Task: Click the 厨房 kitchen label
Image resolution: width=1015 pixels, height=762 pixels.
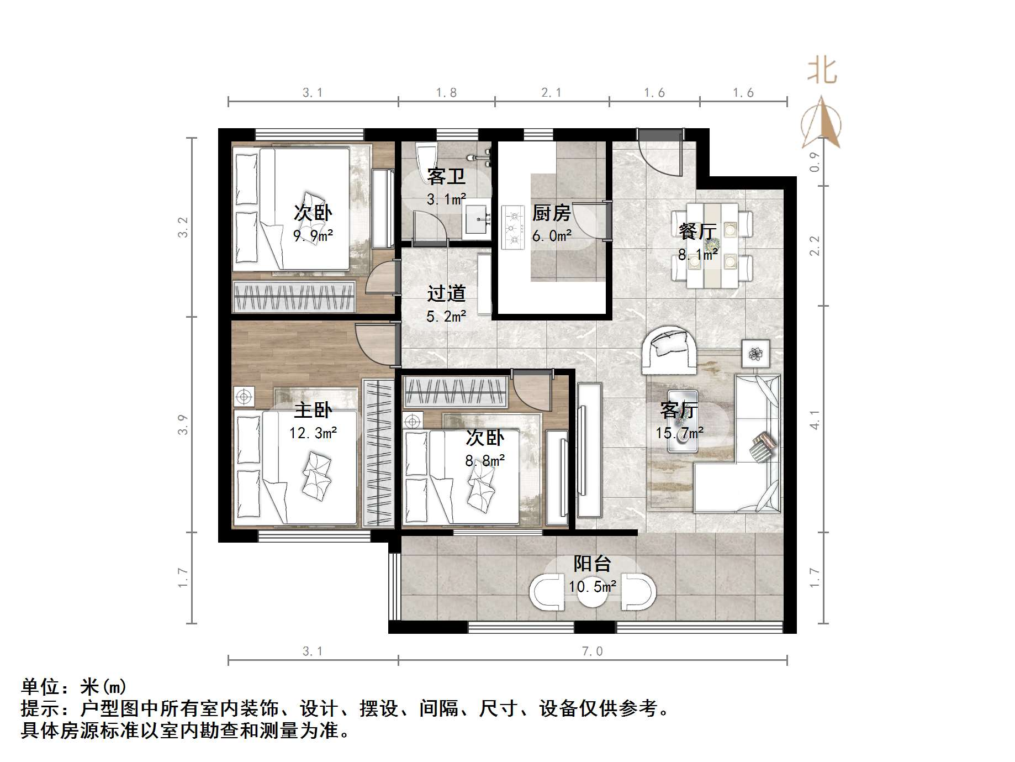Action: pyautogui.click(x=551, y=213)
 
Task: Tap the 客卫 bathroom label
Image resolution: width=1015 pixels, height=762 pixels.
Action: pyautogui.click(x=446, y=177)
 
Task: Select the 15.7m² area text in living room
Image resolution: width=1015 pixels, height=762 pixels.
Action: pyautogui.click(x=679, y=433)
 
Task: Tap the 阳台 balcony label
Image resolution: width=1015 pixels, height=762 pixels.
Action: pyautogui.click(x=592, y=564)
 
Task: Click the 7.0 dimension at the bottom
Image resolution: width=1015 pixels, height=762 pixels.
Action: pyautogui.click(x=592, y=651)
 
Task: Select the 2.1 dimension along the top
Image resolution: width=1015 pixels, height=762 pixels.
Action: pyautogui.click(x=551, y=93)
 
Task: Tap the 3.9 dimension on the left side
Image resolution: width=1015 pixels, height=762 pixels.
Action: pyautogui.click(x=183, y=424)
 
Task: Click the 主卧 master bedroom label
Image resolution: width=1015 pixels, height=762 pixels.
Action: pyautogui.click(x=313, y=410)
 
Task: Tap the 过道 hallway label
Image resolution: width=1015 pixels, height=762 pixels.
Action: pyautogui.click(x=446, y=293)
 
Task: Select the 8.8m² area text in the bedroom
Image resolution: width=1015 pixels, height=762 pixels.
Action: pyautogui.click(x=484, y=460)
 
